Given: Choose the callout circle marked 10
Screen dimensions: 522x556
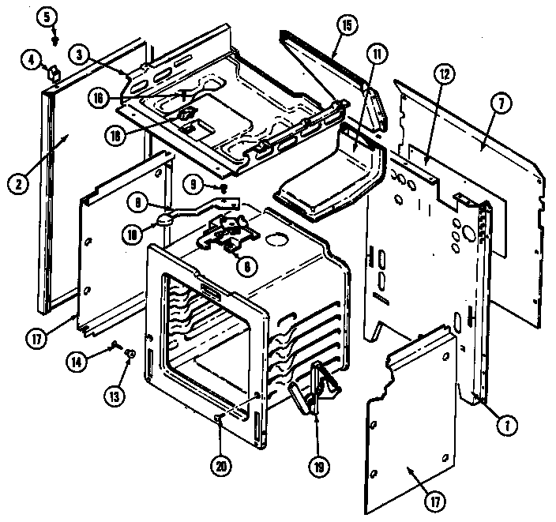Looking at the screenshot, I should (132, 233).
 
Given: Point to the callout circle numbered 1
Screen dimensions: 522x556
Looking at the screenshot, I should (502, 426).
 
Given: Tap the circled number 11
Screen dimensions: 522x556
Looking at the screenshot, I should (378, 54).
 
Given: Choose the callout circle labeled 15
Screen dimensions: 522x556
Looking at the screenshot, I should (344, 24).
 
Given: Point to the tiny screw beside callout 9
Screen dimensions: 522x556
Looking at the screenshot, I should (224, 188).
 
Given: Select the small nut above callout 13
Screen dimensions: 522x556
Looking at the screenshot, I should (131, 352).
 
